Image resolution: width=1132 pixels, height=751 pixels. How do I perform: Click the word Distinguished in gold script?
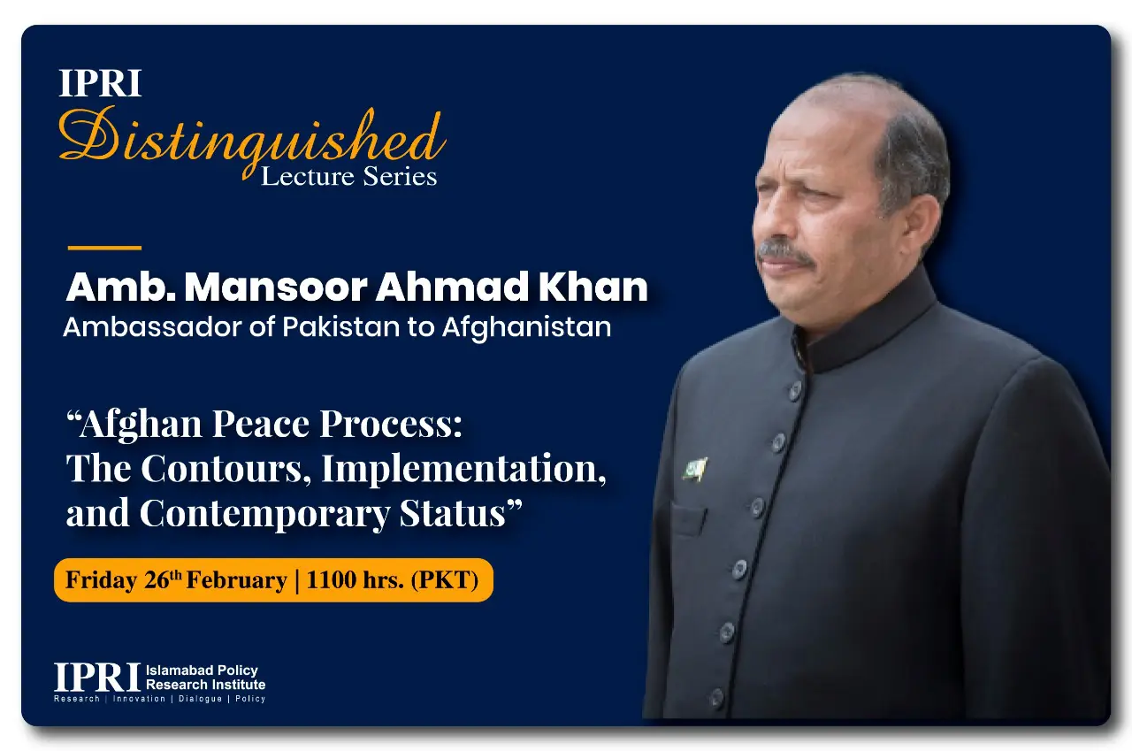252,139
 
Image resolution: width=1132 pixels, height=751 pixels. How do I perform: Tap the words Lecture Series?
348,176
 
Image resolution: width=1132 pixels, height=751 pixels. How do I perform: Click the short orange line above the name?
104,248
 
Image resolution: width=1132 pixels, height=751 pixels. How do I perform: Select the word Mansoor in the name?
275,287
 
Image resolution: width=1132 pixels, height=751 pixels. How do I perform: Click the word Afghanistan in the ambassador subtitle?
526,327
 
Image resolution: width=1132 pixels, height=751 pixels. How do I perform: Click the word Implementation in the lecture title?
463,469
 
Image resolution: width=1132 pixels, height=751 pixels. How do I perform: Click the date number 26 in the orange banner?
157,580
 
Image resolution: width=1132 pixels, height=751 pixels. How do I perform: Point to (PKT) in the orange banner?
445,580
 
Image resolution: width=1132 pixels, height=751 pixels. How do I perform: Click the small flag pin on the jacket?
695,470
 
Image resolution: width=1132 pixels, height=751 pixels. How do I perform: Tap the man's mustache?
786,253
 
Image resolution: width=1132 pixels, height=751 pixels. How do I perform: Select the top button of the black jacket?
795,391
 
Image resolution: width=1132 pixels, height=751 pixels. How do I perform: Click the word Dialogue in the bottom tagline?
200,699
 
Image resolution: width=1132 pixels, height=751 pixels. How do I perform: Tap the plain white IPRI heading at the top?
100,83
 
